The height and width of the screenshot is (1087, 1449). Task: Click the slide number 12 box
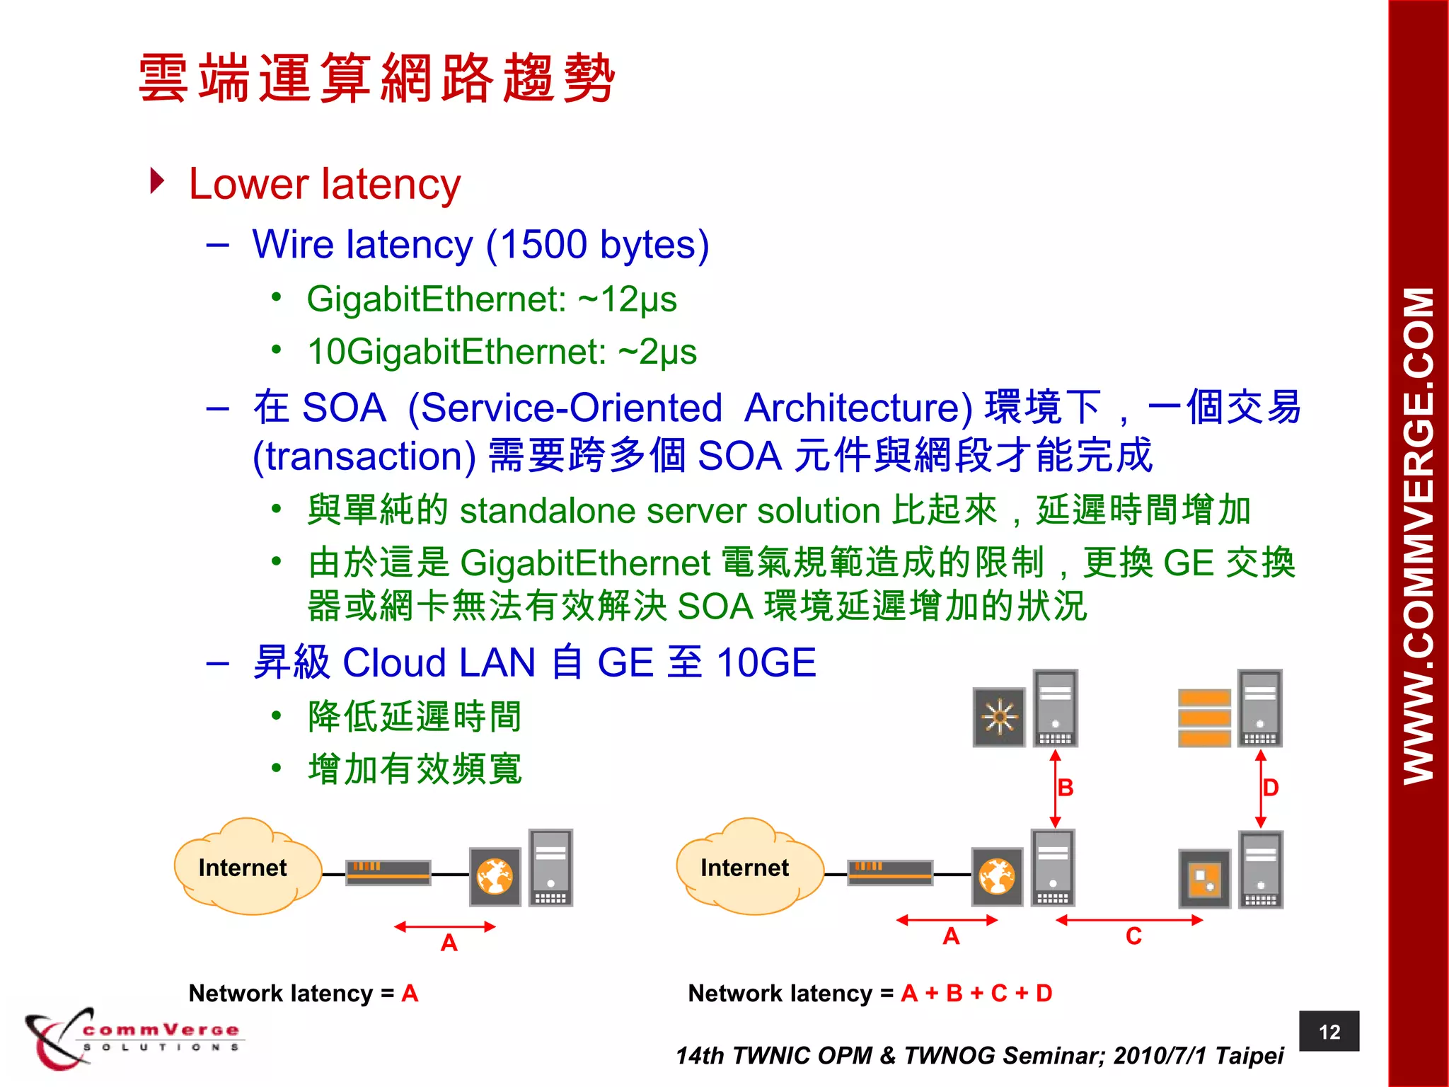click(x=1329, y=1031)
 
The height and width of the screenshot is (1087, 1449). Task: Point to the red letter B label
click(x=1066, y=788)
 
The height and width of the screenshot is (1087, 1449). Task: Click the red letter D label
click(x=1271, y=788)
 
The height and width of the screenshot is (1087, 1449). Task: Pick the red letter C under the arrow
click(x=1133, y=937)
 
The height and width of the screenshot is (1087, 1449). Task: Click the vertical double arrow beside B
click(x=1055, y=788)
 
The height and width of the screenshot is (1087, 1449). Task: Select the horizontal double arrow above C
click(x=1129, y=920)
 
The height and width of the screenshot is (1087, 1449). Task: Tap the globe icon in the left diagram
click(x=495, y=877)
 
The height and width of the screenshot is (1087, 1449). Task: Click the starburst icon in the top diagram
click(x=999, y=717)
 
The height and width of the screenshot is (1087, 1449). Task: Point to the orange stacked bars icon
click(x=1204, y=718)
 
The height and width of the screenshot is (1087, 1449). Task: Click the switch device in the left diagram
click(x=388, y=873)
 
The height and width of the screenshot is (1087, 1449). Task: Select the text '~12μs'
click(x=628, y=299)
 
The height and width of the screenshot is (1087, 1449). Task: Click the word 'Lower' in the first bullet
click(x=248, y=185)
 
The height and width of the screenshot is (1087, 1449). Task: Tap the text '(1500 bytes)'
click(x=598, y=245)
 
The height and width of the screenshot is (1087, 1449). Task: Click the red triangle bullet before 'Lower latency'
click(x=158, y=181)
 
